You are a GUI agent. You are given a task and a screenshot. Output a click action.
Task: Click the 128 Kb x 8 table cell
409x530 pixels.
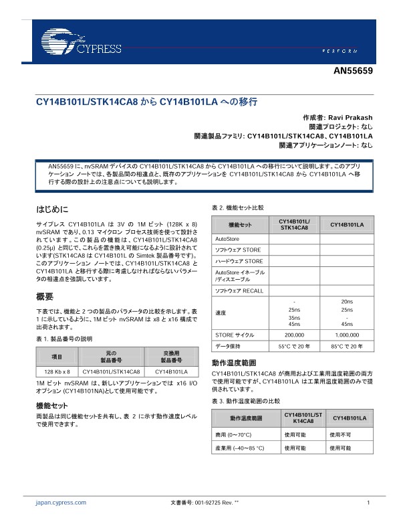pyautogui.click(x=57, y=371)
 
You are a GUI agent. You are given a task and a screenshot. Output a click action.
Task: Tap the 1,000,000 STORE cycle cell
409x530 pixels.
pyautogui.click(x=347, y=334)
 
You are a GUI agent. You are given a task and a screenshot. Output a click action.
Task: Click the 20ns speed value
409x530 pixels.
pyautogui.click(x=347, y=302)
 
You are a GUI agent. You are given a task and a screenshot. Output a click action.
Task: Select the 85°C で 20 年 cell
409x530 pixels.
pyautogui.click(x=347, y=347)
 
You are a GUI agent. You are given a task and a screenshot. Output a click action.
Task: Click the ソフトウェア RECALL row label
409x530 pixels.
pyautogui.click(x=239, y=291)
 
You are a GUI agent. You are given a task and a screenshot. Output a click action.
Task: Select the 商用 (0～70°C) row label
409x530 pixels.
pyautogui.click(x=238, y=434)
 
